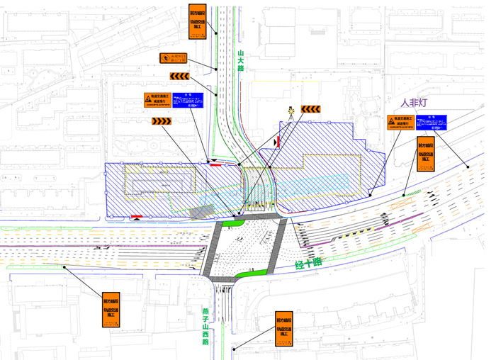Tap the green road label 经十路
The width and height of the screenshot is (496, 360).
click(308, 265)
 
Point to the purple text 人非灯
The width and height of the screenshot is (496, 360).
click(414, 103)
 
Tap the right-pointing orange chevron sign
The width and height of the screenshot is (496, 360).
click(162, 120)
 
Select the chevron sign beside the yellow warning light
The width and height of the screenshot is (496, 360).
click(311, 109)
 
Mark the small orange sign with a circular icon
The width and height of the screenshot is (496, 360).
click(173, 60)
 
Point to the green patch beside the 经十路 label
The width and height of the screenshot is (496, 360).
click(255, 273)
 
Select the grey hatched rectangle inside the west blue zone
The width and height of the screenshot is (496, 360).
click(202, 210)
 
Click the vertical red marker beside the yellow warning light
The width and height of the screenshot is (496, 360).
click(278, 142)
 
